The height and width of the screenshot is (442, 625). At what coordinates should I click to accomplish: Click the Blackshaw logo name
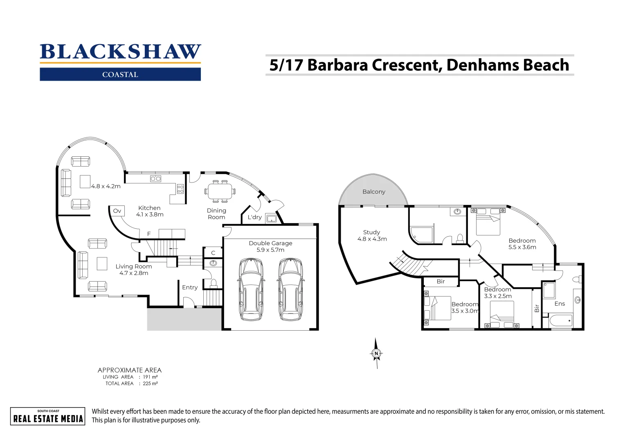(120, 52)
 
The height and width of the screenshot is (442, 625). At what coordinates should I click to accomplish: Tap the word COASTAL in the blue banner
(120, 74)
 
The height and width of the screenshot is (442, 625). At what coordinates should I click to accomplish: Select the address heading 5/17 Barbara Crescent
(419, 65)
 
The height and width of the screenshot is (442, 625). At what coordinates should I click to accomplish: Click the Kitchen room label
(149, 208)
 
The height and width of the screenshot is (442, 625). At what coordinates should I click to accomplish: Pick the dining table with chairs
(220, 191)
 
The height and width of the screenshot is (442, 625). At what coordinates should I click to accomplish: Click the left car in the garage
(250, 289)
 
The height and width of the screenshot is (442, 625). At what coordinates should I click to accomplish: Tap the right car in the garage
(290, 289)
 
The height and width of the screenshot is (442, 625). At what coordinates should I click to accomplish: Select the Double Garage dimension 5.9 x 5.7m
(270, 250)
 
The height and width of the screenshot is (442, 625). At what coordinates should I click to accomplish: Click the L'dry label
(254, 217)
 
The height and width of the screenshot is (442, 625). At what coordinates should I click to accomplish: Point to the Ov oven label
(117, 211)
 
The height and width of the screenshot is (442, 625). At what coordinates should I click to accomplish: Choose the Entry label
(190, 287)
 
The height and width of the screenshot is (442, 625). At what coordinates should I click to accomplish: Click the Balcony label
(374, 192)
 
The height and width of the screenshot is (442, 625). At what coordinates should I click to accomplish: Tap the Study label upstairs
(371, 232)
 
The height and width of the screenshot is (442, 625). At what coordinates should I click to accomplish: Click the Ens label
(560, 304)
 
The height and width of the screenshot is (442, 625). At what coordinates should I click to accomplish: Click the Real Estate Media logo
(48, 417)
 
